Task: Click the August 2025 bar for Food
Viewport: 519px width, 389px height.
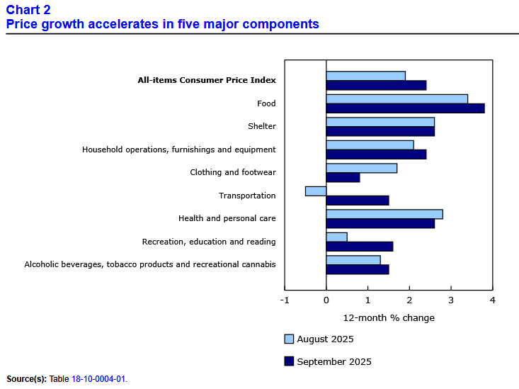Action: point(397,98)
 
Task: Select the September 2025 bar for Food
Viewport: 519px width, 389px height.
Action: point(405,108)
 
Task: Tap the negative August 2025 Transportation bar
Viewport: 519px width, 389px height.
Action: point(316,191)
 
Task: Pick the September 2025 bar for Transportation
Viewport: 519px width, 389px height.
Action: point(358,201)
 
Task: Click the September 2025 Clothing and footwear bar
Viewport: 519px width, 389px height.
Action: point(343,177)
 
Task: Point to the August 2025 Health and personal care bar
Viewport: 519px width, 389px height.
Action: point(384,214)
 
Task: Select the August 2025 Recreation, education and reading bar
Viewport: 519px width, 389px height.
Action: point(336,237)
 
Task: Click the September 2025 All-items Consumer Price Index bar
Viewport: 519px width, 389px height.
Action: point(376,85)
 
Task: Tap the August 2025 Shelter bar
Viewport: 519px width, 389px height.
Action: point(380,122)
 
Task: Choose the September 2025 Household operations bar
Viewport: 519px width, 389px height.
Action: point(376,154)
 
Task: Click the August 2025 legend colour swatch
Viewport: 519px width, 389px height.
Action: point(288,339)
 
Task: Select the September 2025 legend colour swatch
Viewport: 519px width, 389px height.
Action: point(288,361)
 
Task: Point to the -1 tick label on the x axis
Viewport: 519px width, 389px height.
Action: point(285,300)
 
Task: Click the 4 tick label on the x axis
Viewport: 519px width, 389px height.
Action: point(492,300)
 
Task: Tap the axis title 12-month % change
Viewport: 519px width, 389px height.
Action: point(389,317)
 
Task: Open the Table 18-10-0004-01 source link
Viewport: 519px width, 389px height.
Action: point(98,379)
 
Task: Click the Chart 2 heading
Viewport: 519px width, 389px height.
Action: point(28,10)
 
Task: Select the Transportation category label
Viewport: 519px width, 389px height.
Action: point(247,196)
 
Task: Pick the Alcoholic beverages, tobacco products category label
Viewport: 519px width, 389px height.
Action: point(150,265)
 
